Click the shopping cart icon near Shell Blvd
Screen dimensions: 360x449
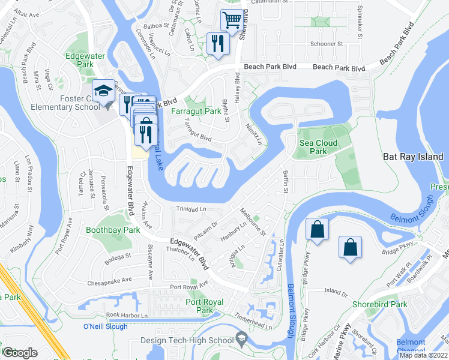(x=232, y=20)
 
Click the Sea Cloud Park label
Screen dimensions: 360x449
(x=318, y=147)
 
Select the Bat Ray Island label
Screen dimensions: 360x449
(x=413, y=157)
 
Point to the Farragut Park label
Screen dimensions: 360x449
(x=196, y=112)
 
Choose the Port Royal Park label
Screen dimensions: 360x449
(x=205, y=306)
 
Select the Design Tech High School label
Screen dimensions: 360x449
(x=186, y=340)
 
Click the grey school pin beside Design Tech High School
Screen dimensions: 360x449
(x=241, y=340)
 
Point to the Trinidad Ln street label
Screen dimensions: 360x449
(x=191, y=209)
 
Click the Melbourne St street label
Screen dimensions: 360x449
(x=253, y=222)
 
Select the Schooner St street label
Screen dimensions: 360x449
(x=327, y=44)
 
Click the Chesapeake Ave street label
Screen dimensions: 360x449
(x=110, y=280)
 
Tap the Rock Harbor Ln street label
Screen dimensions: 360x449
(x=127, y=315)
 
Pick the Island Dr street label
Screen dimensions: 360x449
(x=336, y=292)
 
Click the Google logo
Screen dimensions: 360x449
(x=20, y=353)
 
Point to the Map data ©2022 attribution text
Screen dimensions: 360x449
(x=424, y=355)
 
